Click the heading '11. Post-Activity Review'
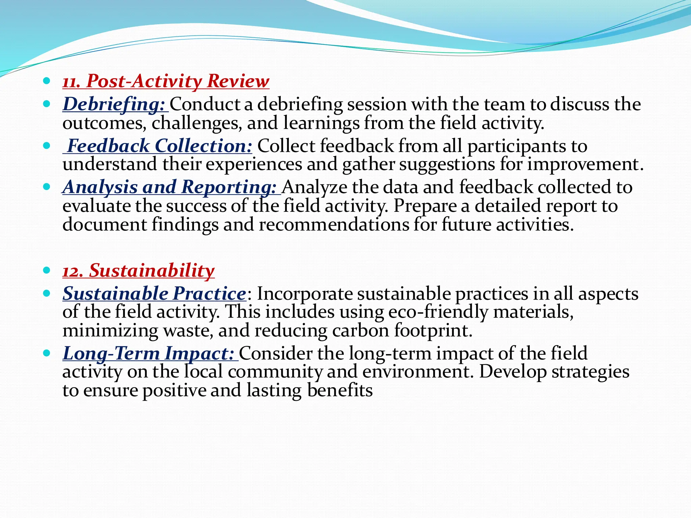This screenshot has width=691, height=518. click(166, 81)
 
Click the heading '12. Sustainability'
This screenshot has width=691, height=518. click(138, 271)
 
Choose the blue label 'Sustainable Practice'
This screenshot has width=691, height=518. click(154, 294)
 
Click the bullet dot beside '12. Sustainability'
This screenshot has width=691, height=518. click(47, 270)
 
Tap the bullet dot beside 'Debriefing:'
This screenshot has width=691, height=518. click(47, 104)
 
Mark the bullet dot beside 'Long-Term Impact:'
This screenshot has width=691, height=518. click(47, 353)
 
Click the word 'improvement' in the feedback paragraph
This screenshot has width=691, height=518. click(583, 165)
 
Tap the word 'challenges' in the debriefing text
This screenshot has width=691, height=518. click(197, 123)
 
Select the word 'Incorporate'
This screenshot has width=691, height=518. click(305, 294)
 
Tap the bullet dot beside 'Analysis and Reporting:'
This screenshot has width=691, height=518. click(47, 187)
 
